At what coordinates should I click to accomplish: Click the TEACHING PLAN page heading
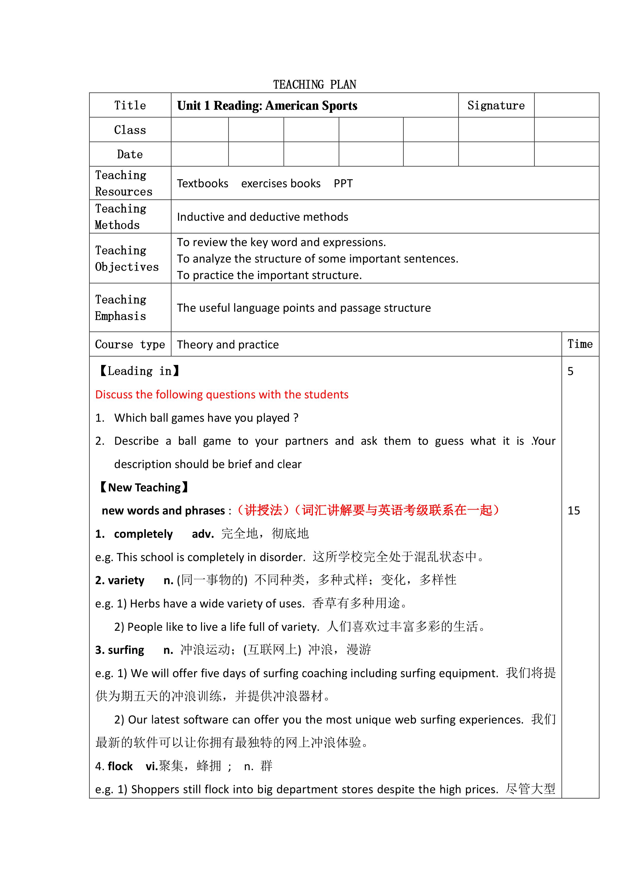pos(314,84)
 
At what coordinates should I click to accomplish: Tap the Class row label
pos(130,130)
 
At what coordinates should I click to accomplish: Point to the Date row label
pos(130,154)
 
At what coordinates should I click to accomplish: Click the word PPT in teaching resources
pos(343,183)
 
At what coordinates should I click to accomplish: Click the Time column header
pos(580,344)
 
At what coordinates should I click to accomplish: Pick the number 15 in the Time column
pos(574,511)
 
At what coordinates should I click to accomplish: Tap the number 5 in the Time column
pos(570,371)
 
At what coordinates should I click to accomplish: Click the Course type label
pos(130,344)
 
